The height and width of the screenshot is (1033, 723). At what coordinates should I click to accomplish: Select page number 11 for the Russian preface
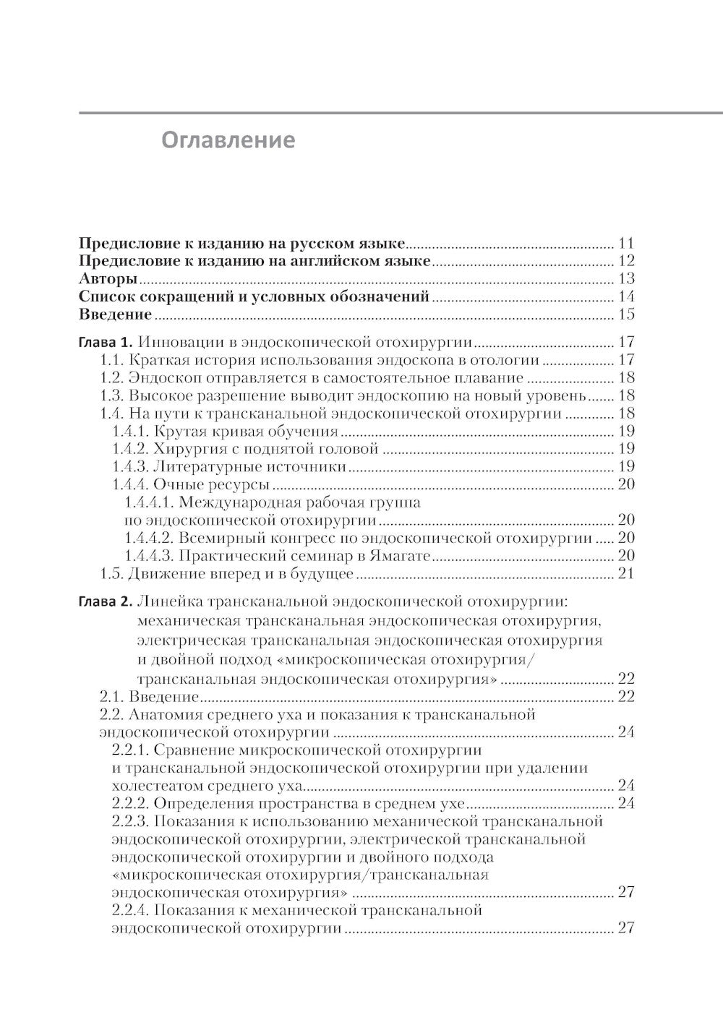click(625, 243)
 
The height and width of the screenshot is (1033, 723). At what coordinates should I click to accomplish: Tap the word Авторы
click(108, 279)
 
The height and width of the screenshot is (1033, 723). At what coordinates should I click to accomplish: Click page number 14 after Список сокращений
click(625, 296)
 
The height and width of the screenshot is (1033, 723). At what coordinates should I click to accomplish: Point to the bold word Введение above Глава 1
click(115, 314)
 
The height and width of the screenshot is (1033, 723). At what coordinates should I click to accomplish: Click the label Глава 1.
click(106, 342)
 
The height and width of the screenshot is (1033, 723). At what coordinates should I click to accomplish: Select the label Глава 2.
click(106, 601)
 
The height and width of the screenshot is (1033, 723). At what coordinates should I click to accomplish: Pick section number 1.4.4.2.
click(149, 538)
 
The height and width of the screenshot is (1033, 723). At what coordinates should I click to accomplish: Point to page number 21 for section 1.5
click(625, 574)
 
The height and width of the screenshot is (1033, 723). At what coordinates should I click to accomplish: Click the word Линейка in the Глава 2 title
click(168, 601)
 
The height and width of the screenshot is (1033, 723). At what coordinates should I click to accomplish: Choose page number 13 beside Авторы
click(625, 279)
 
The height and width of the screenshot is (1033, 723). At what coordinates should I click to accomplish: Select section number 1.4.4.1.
click(149, 502)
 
